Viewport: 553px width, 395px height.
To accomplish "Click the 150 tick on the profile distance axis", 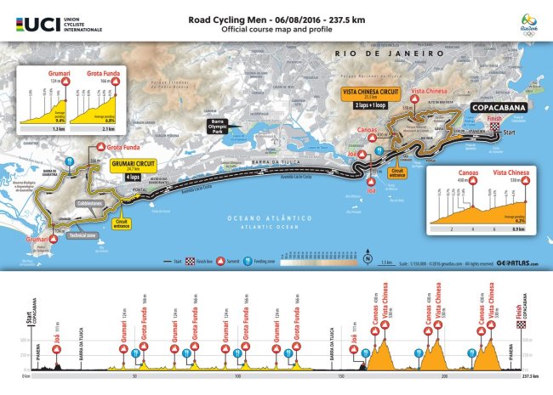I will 340,375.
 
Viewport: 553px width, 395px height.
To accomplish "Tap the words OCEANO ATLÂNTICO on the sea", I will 255,217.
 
